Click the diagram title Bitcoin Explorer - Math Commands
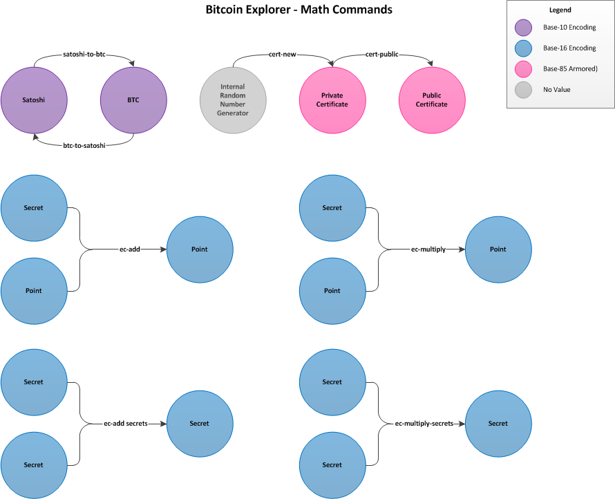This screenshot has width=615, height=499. pyautogui.click(x=299, y=10)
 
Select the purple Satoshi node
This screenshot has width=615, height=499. pyautogui.click(x=34, y=100)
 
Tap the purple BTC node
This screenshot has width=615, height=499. pyautogui.click(x=133, y=100)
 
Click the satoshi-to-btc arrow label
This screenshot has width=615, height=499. pyautogui.click(x=84, y=54)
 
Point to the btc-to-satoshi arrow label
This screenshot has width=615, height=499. pyautogui.click(x=84, y=146)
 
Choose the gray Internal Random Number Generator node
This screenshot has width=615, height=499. pyautogui.click(x=233, y=100)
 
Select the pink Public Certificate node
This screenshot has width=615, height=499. pyautogui.click(x=432, y=100)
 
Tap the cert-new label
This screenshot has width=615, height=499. pyautogui.click(x=283, y=54)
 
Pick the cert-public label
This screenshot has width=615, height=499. pyautogui.click(x=382, y=54)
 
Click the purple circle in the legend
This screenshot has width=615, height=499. pyautogui.click(x=524, y=28)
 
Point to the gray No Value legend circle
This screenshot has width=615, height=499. pyautogui.click(x=524, y=90)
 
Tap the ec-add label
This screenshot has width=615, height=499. pyautogui.click(x=130, y=249)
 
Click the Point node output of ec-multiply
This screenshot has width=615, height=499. pyautogui.click(x=498, y=249)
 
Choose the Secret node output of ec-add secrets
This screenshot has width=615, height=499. pyautogui.click(x=200, y=424)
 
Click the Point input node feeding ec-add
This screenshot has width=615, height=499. pyautogui.click(x=34, y=291)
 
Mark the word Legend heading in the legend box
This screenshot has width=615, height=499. pyautogui.click(x=560, y=10)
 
